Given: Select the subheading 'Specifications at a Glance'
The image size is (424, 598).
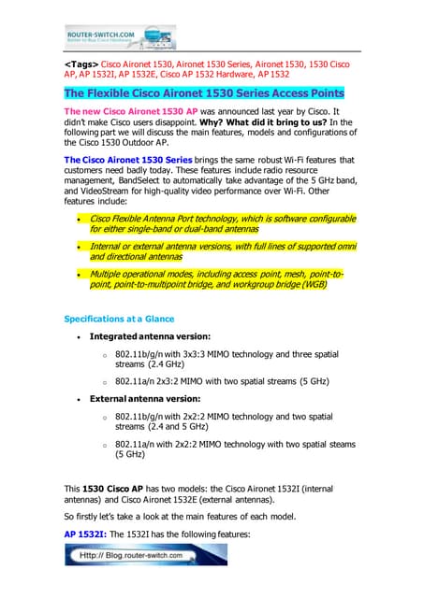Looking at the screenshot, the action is click(x=120, y=319).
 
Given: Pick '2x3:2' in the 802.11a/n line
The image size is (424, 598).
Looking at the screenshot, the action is click(x=192, y=382).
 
